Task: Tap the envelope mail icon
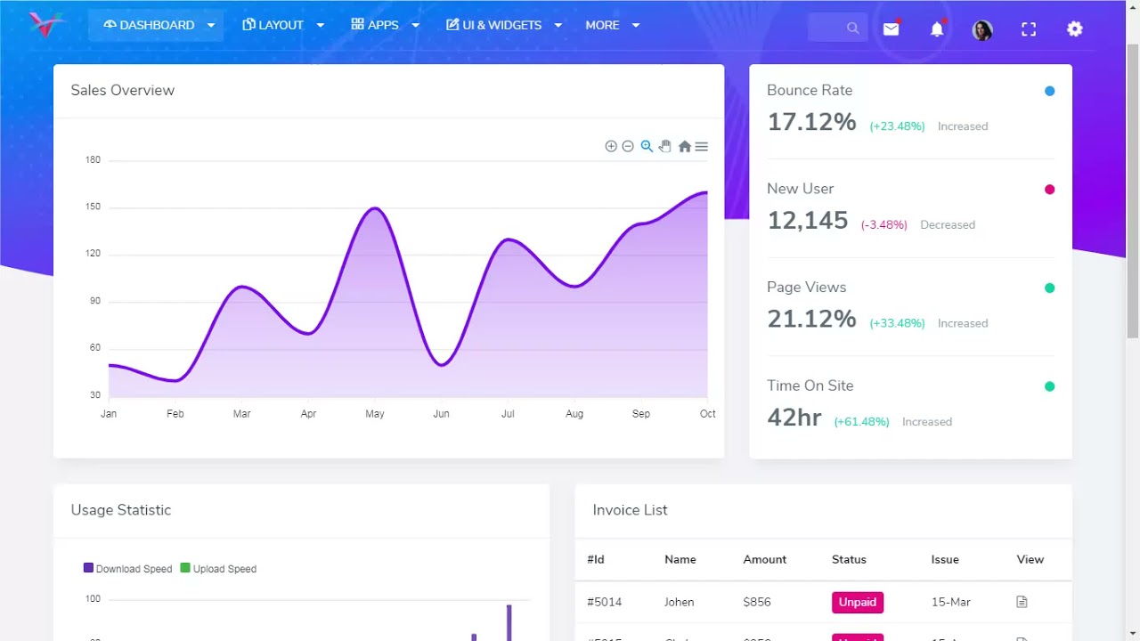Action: click(891, 29)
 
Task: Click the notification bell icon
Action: click(937, 29)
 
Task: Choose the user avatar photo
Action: click(982, 30)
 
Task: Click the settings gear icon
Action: click(1075, 29)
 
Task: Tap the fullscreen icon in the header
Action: click(1029, 29)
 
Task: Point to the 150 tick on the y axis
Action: click(94, 207)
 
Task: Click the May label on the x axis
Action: click(375, 414)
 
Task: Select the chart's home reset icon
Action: click(684, 147)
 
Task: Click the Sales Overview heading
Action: click(123, 90)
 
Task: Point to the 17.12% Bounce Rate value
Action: click(811, 122)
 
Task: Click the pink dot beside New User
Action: click(1049, 190)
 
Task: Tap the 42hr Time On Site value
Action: click(794, 418)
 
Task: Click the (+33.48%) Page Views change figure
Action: click(897, 323)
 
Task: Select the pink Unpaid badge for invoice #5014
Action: click(857, 602)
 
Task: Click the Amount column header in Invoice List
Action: click(764, 559)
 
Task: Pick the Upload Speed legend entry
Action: click(218, 569)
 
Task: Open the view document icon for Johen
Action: click(1022, 602)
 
